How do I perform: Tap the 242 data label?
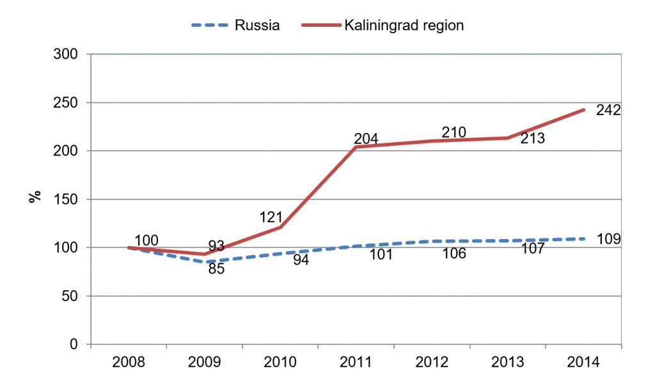coord(608,111)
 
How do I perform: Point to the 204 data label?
coord(367,138)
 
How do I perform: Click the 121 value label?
coord(271,217)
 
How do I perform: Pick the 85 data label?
coord(217,270)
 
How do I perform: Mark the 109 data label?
coord(608,239)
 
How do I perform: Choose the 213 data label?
coord(532,138)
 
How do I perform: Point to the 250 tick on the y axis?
coord(65,103)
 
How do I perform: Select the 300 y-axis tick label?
coord(65,55)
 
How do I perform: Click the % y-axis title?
coord(35,196)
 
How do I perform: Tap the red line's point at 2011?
coord(356,147)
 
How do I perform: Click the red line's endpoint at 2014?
coord(583,110)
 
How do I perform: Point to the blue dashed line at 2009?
coord(205,262)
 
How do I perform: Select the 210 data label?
coord(454,132)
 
